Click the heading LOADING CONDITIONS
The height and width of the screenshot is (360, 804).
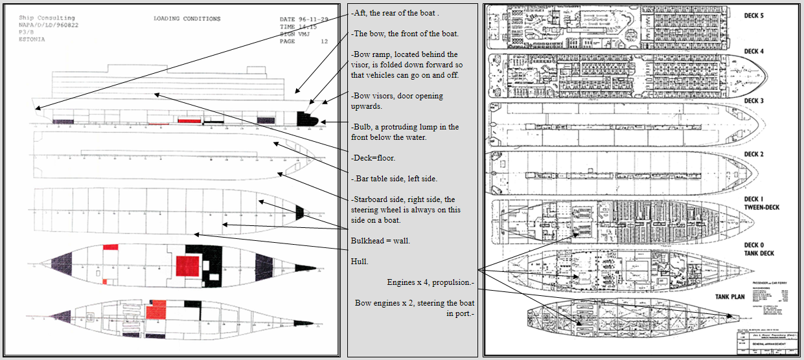coord(187,19)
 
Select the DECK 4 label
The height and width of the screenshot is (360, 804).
coord(754,51)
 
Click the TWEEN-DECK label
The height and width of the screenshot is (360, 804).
coord(762,207)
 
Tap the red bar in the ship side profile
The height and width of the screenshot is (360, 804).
coord(187,120)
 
